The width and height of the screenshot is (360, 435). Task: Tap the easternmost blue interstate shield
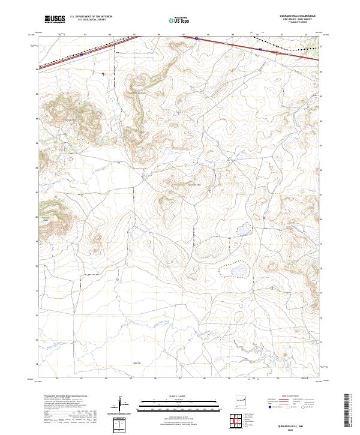(x=259, y=49)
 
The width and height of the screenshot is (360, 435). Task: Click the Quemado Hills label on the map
(x=195, y=184)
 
